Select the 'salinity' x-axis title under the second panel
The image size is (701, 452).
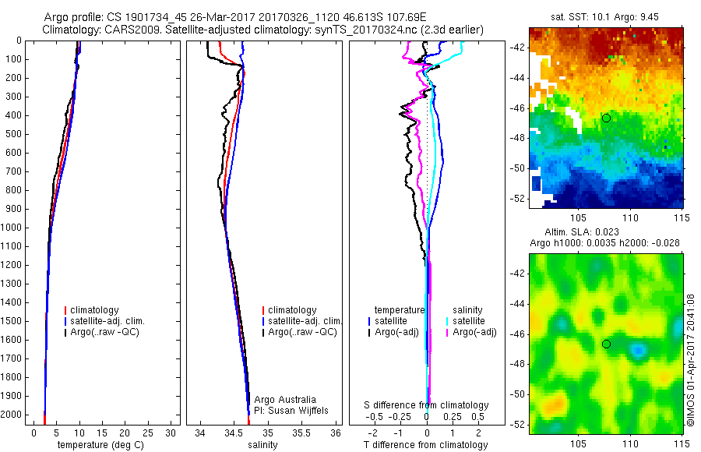263,446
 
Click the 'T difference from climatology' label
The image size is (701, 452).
425,446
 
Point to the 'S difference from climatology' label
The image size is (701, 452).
426,406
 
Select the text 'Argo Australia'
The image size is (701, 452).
286,400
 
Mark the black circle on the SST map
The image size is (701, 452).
606,118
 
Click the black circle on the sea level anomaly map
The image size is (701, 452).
606,344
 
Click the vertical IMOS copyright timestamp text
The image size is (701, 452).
691,360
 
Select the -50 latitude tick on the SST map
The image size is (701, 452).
519,168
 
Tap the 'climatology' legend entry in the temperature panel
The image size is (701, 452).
96,310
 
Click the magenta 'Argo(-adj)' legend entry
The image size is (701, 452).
474,332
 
